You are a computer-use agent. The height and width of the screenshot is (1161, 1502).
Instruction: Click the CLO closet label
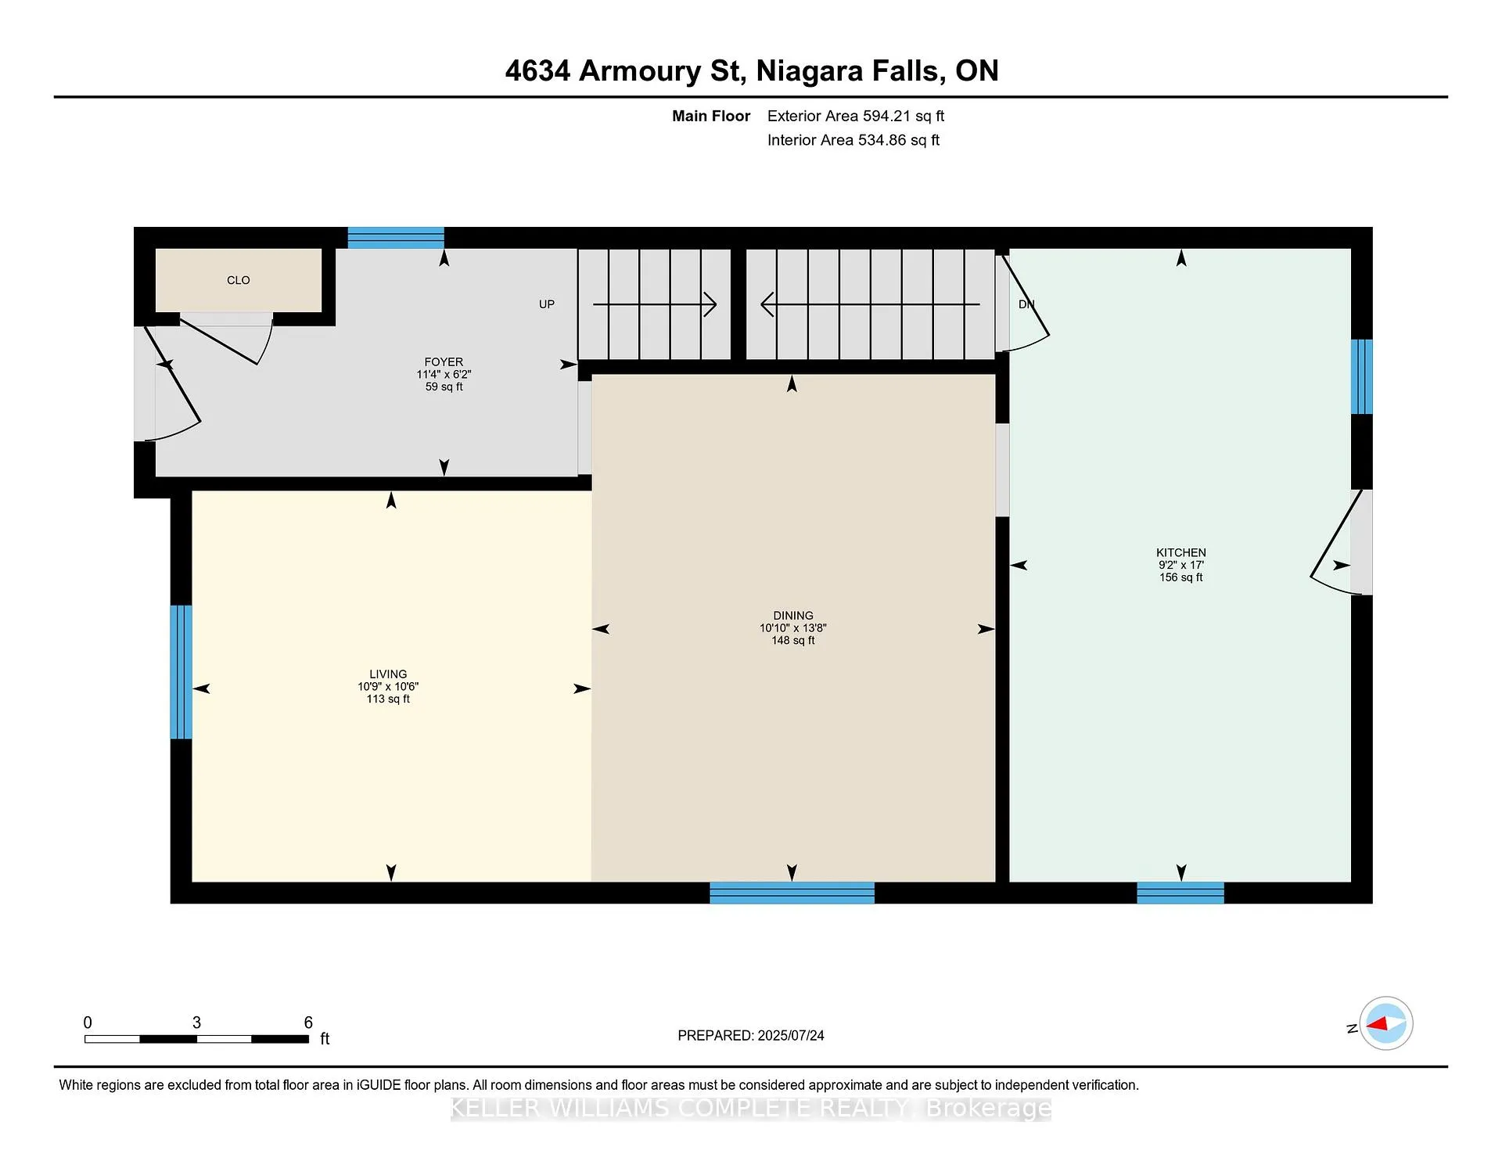(239, 280)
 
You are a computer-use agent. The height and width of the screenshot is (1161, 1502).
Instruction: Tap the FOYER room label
(444, 361)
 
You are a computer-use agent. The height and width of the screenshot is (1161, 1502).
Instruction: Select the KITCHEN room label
(1181, 552)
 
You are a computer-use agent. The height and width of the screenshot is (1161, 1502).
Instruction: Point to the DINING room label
(793, 616)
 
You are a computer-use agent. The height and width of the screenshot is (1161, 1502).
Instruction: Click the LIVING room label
(388, 674)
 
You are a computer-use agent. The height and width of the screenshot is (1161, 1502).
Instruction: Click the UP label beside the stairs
(547, 304)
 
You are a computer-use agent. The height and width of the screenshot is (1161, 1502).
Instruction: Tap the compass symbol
(1385, 1023)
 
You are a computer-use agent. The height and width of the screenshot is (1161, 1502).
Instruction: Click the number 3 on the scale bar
(196, 1023)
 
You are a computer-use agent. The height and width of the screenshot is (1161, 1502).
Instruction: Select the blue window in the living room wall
(181, 672)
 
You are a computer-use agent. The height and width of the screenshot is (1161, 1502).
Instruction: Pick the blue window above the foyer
(396, 238)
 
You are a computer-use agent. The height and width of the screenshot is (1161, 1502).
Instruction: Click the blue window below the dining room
(792, 893)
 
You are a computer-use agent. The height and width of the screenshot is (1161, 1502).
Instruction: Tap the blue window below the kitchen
(1180, 893)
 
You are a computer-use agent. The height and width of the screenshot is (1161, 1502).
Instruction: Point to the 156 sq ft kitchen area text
(1181, 577)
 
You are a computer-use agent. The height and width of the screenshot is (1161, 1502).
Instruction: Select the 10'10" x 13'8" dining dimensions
(793, 628)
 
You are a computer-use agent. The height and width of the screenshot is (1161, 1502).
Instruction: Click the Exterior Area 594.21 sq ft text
(856, 116)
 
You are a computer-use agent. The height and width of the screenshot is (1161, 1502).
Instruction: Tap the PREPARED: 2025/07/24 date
(751, 1036)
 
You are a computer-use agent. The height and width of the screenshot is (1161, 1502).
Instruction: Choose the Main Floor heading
(711, 116)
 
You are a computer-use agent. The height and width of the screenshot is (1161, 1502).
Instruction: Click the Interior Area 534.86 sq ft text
(853, 140)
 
